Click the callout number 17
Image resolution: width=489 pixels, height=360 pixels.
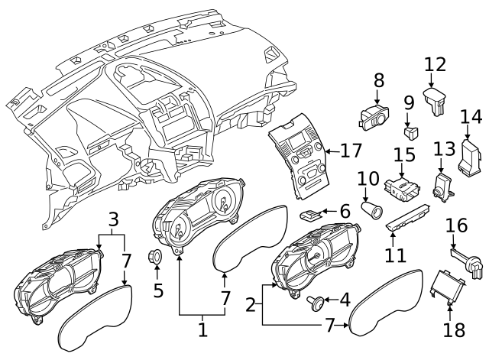pos(351,151)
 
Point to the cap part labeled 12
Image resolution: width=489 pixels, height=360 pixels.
pos(435,100)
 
